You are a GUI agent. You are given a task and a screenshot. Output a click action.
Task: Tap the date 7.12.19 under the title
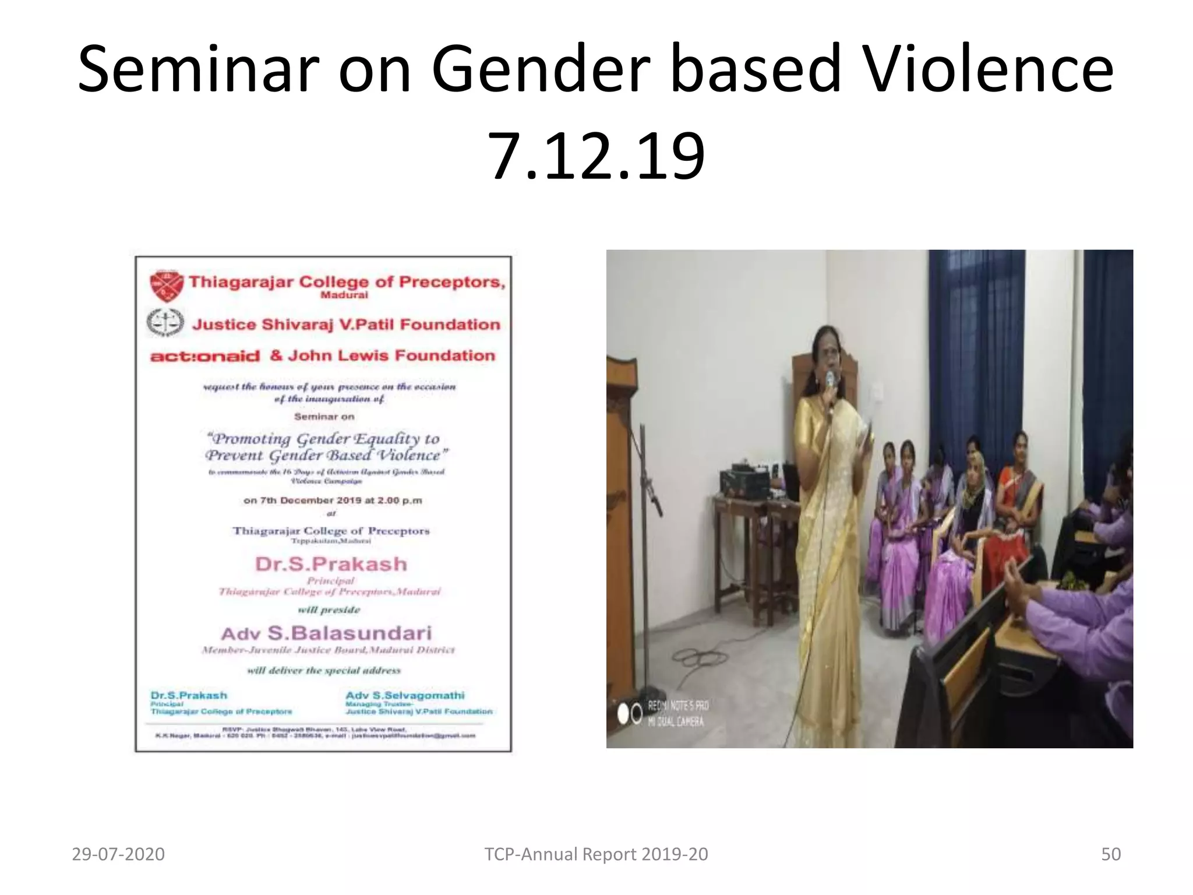596,156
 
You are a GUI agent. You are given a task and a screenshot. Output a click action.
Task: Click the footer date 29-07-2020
118,854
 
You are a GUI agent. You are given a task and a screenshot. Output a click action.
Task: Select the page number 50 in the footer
1111,854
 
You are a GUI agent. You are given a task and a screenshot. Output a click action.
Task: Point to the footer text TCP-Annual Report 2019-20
596,854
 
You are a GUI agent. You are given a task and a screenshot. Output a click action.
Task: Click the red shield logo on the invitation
166,286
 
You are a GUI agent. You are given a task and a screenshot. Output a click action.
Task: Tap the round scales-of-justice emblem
165,322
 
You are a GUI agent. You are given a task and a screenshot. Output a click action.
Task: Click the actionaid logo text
204,356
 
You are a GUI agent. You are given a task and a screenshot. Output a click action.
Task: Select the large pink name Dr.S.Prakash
331,564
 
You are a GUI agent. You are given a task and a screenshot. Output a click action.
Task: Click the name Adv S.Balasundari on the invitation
326,633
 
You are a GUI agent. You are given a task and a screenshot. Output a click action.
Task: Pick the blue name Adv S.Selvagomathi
405,695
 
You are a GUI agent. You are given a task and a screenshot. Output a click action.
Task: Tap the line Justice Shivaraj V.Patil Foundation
346,325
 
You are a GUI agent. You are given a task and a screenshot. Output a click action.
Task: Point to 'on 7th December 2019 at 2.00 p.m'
333,501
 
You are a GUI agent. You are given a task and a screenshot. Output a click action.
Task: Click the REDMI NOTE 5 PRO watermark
678,706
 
